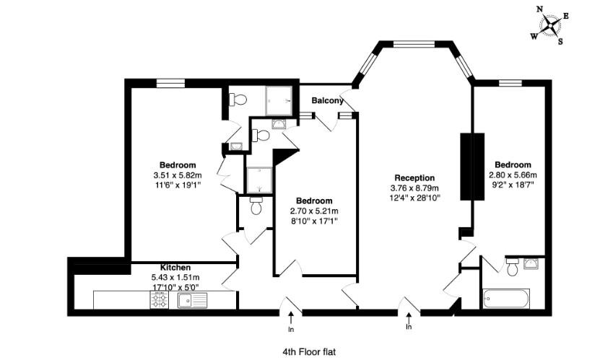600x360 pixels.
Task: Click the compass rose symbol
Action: (551, 25)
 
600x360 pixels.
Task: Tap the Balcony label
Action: (327, 100)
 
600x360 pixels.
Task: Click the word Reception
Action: (414, 177)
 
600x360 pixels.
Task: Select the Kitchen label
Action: (175, 268)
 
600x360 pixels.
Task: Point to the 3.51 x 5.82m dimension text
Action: (177, 175)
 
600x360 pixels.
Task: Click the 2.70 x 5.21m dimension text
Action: (314, 211)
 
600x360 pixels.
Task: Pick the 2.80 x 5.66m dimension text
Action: (513, 175)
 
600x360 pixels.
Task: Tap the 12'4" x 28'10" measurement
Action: (414, 197)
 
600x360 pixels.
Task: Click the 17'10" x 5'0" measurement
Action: (175, 286)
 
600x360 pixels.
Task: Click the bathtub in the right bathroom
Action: (505, 297)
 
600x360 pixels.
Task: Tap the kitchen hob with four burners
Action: (160, 299)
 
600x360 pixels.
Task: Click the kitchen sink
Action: (192, 299)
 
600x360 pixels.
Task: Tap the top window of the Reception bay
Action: (413, 45)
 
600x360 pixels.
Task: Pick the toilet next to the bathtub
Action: (512, 268)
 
